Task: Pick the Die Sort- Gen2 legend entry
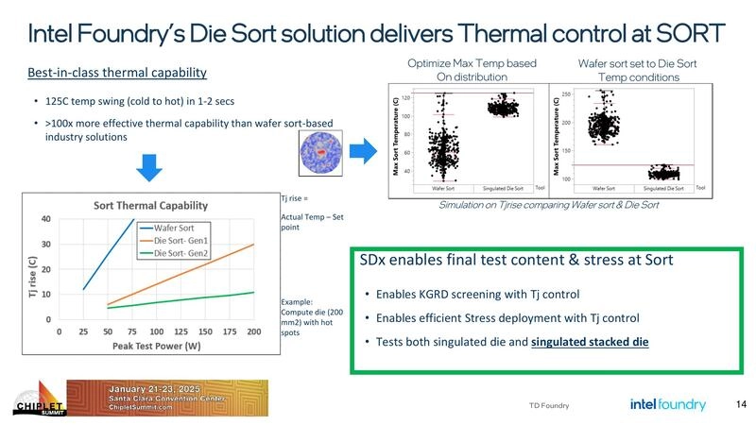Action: tap(182, 253)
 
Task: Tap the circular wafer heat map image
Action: tap(318, 150)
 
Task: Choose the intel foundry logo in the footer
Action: tap(667, 405)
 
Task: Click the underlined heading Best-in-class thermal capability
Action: tap(117, 73)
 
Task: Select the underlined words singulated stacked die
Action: tap(590, 341)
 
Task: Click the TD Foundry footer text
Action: tap(549, 406)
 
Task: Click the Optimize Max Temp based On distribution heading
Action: tap(472, 70)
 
